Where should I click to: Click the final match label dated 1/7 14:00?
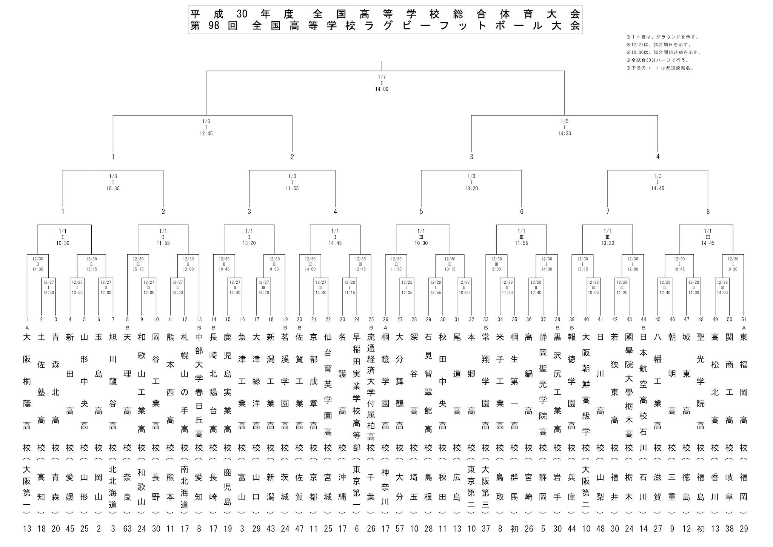382,83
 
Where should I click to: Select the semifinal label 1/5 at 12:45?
206,127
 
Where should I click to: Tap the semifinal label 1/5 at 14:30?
565,127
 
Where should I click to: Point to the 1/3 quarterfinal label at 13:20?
471,182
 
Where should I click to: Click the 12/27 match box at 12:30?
49,287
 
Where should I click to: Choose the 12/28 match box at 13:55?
436,287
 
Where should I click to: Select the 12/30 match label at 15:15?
138,264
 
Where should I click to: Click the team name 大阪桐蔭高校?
27,392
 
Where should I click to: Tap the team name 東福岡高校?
744,392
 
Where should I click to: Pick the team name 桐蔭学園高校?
385,392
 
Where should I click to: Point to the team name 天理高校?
127,392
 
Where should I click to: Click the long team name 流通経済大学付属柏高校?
371,392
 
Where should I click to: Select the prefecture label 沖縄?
342,487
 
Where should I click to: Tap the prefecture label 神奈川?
385,487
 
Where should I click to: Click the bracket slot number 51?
744,320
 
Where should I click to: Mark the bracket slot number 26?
385,320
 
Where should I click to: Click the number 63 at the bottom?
127,529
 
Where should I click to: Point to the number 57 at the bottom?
400,529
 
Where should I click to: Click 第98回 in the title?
214,26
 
